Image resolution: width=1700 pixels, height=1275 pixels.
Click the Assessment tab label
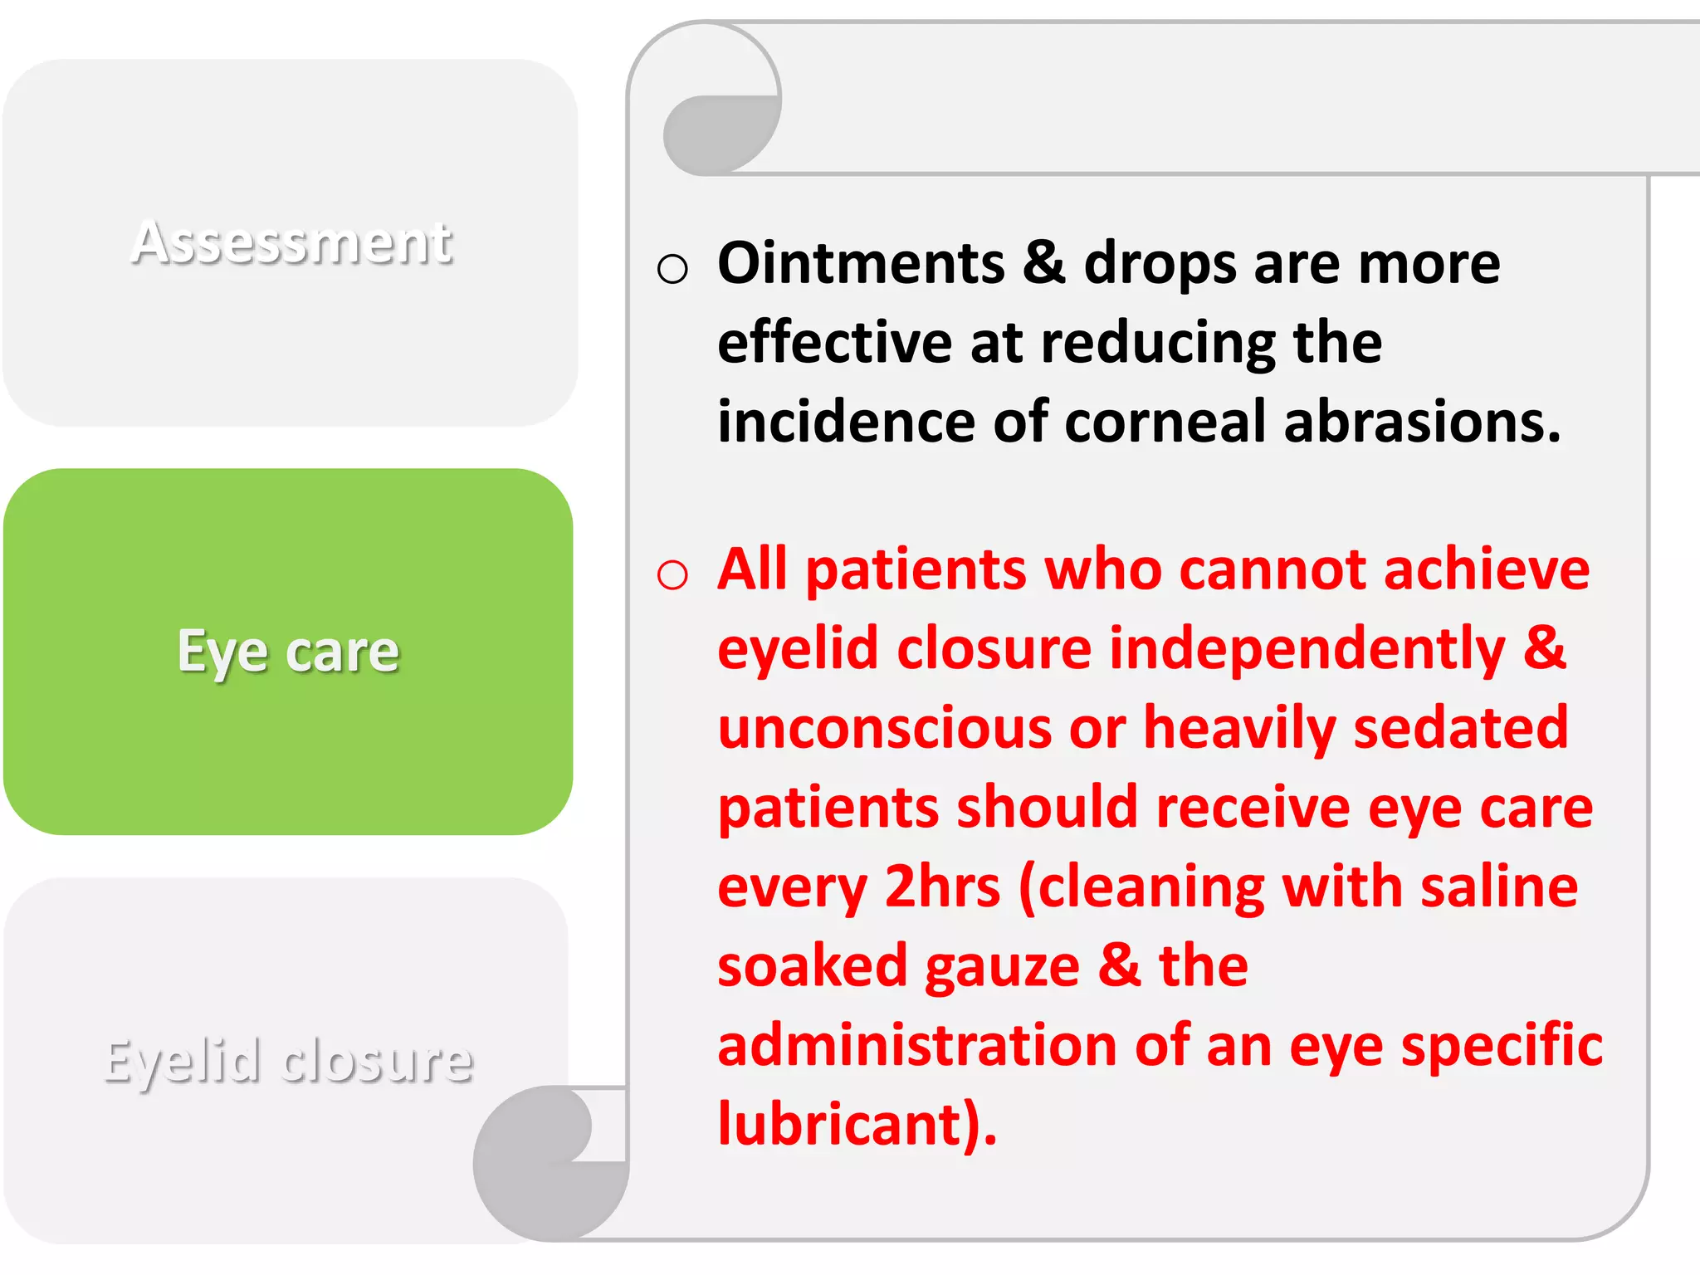291,243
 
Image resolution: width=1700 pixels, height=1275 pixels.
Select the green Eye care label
288,652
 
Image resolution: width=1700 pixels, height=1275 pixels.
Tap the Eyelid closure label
288,1061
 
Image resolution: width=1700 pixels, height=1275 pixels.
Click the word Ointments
861,263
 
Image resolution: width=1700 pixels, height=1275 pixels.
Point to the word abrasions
1421,422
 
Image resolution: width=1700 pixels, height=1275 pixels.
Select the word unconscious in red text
884,728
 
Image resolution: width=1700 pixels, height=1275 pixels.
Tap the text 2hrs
942,887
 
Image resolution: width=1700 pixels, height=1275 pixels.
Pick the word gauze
1002,967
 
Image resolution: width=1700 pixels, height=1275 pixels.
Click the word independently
1307,649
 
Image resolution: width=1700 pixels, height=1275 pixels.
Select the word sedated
1461,728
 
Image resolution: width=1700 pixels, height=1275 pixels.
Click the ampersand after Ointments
1043,263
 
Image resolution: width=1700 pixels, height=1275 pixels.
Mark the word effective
834,342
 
